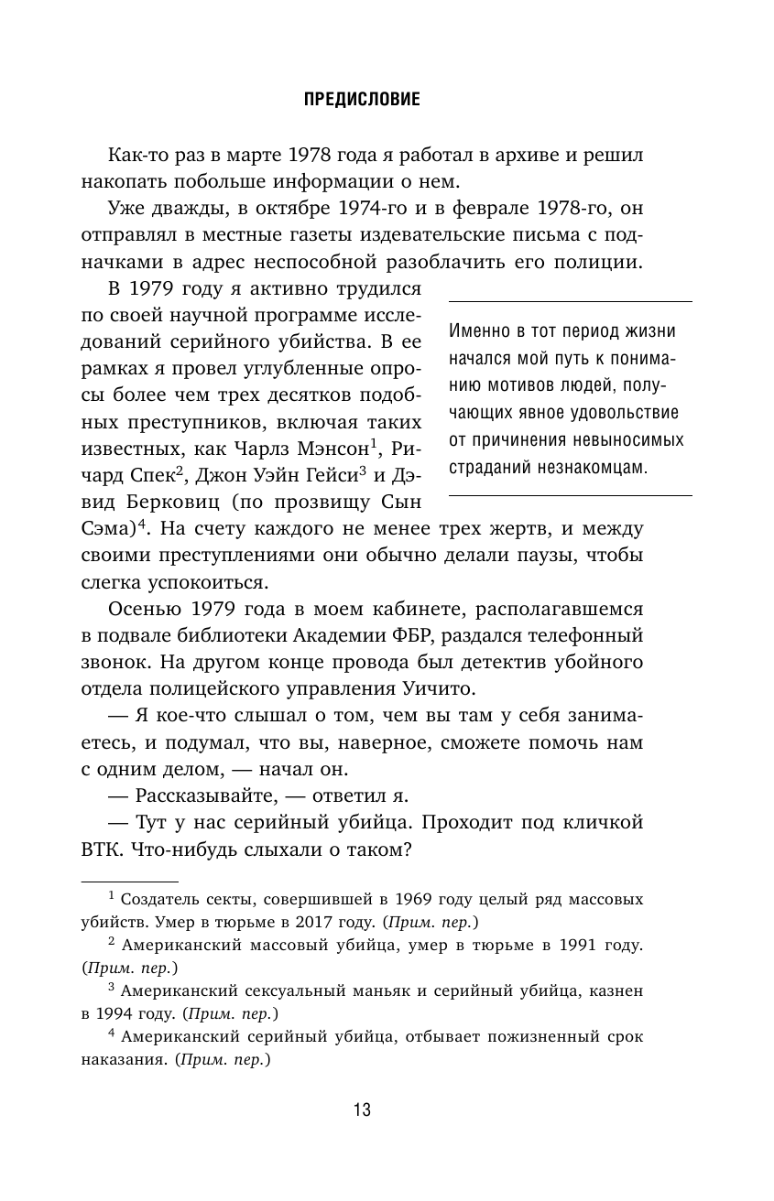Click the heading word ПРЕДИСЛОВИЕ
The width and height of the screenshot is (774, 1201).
click(361, 100)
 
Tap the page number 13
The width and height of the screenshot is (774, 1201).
click(362, 1111)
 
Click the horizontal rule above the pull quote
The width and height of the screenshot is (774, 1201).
click(569, 301)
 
